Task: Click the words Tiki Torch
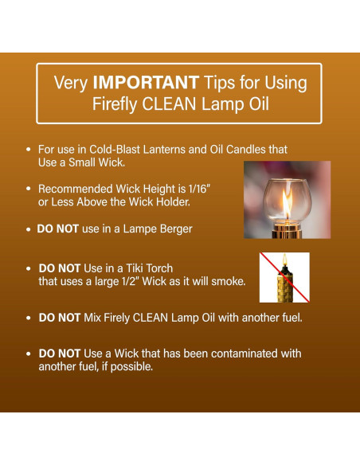click(x=147, y=268)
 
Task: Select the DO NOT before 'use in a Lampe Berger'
click(x=57, y=229)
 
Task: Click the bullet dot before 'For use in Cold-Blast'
click(x=29, y=150)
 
